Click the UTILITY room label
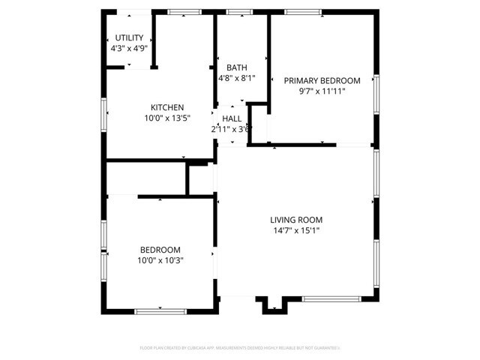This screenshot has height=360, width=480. point(128,37)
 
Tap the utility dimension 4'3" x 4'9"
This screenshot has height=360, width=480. point(128,48)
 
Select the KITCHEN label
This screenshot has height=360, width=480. point(166,107)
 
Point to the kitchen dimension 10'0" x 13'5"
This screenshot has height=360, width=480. point(166,118)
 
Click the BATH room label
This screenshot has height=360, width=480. point(236,67)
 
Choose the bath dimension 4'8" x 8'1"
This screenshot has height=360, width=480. point(236,77)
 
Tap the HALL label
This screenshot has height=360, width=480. point(232,118)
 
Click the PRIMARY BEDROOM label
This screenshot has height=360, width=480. point(321,81)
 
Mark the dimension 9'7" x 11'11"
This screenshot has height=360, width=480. point(321,91)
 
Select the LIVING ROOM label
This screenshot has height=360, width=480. point(296,220)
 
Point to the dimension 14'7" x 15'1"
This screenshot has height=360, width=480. point(296,230)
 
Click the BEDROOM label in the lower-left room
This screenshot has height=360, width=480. point(160,250)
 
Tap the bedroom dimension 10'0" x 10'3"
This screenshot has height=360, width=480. point(160,260)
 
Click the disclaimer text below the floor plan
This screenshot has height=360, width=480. point(240,348)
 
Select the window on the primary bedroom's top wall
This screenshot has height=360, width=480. point(302,12)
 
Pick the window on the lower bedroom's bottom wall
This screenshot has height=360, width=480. point(160,310)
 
